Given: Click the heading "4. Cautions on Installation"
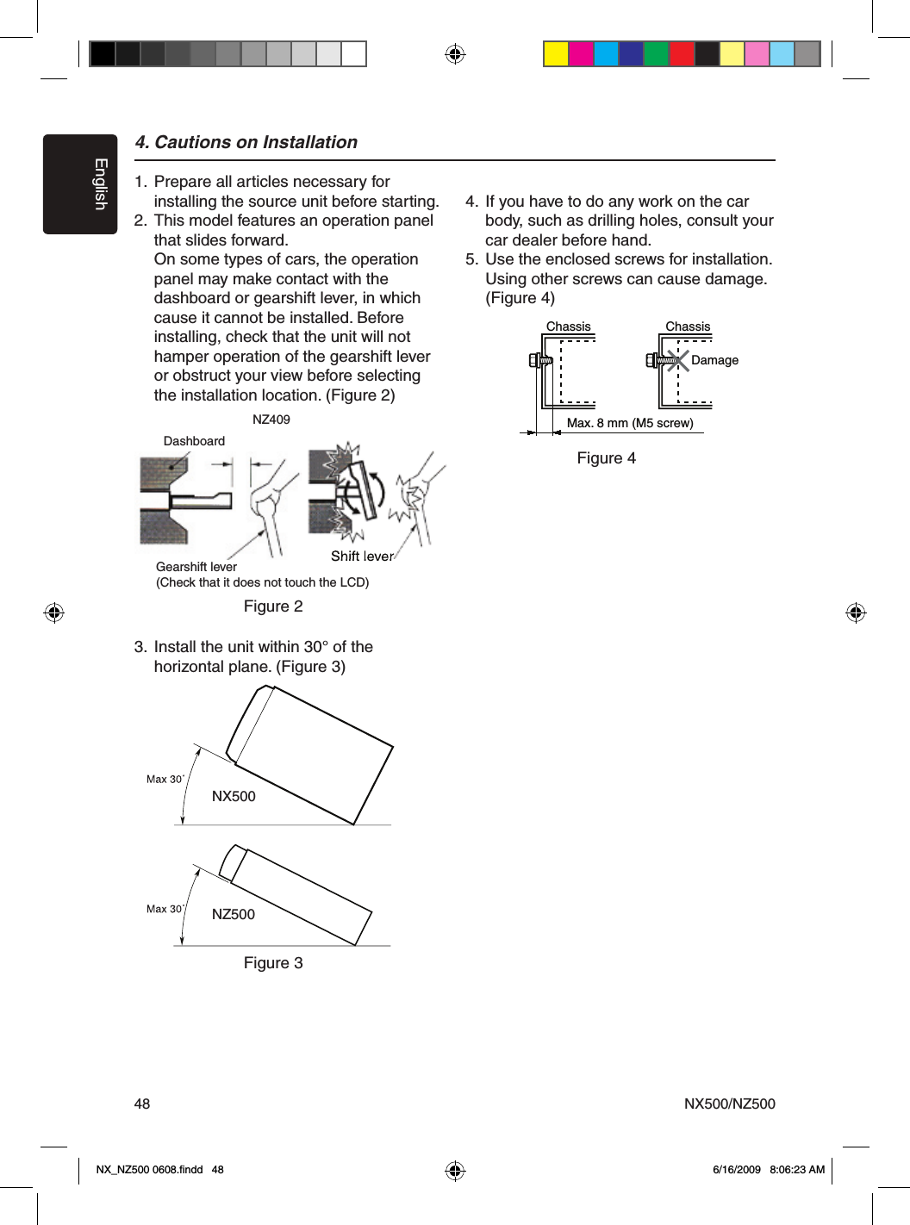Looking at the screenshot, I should pyautogui.click(x=246, y=142).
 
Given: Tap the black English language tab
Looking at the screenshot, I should pyautogui.click(x=80, y=183).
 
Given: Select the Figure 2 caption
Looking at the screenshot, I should pyautogui.click(x=273, y=606).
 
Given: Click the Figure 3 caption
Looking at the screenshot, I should pyautogui.click(x=273, y=963).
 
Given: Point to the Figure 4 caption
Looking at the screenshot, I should pyautogui.click(x=606, y=458).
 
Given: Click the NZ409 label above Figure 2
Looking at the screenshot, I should pyautogui.click(x=271, y=420).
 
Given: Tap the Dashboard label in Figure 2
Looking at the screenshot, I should pyautogui.click(x=194, y=441).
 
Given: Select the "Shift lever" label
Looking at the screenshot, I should pyautogui.click(x=362, y=557).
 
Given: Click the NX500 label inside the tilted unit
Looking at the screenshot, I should pyautogui.click(x=234, y=797).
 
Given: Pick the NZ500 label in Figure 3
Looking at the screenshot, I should pyautogui.click(x=234, y=915).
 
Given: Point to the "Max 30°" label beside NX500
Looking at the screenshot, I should pyautogui.click(x=165, y=780).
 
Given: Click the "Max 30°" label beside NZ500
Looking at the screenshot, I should pyautogui.click(x=165, y=909).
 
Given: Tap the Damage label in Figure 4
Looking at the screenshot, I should pyautogui.click(x=714, y=360).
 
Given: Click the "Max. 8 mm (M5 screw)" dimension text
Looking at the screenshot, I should pyautogui.click(x=630, y=423).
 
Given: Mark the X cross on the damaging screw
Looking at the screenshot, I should pyautogui.click(x=678, y=360).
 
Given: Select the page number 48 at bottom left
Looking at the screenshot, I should pyautogui.click(x=142, y=1104).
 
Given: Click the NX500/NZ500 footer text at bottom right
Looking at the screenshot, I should pyautogui.click(x=729, y=1104).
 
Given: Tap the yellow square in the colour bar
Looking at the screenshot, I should pyautogui.click(x=556, y=54).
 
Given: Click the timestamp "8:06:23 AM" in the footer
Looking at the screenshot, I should pyautogui.click(x=796, y=1170).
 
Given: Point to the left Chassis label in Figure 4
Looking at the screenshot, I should pyautogui.click(x=569, y=326).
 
